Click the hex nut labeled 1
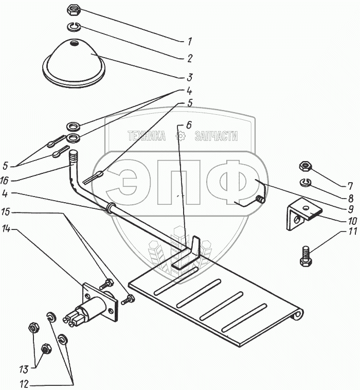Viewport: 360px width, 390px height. click(74, 10)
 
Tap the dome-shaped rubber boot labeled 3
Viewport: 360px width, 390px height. click(74, 63)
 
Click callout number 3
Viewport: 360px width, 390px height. click(190, 77)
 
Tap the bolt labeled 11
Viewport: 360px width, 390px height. click(306, 256)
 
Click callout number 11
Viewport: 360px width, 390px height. click(352, 232)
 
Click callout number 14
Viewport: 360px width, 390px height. click(6, 228)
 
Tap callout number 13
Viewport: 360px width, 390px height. click(24, 369)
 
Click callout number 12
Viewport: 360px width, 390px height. click(24, 384)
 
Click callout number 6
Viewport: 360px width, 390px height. click(189, 125)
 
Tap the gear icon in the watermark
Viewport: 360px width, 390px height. click(180, 136)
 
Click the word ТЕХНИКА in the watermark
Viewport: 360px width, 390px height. click(147, 136)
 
